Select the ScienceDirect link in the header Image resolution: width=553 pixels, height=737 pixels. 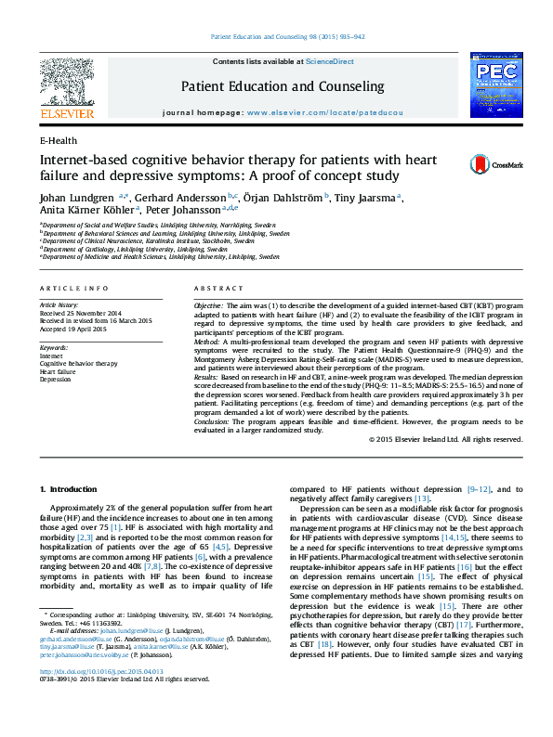coord(330,61)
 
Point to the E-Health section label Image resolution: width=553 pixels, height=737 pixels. coord(59,140)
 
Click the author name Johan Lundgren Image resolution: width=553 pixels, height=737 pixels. coord(77,198)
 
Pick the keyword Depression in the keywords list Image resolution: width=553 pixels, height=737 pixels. coord(55,380)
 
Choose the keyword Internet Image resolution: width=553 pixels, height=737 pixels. coord(52,356)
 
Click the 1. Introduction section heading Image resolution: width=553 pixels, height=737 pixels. coord(72,489)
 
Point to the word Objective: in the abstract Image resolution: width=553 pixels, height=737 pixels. coord(207,305)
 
